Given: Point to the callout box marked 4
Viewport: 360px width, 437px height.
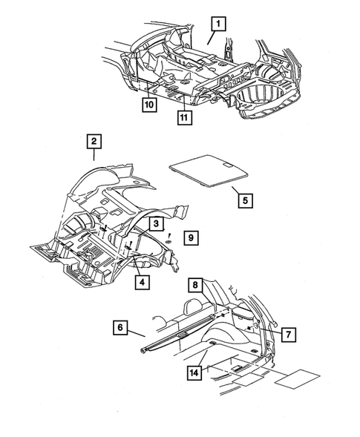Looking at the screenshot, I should click(140, 280).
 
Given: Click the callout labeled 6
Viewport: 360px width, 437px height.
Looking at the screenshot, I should click(120, 326).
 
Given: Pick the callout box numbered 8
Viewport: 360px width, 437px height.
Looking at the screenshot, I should click(194, 284).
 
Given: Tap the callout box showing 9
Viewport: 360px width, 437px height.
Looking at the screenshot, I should click(191, 238).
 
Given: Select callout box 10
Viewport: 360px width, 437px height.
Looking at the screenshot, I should click(149, 106).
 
